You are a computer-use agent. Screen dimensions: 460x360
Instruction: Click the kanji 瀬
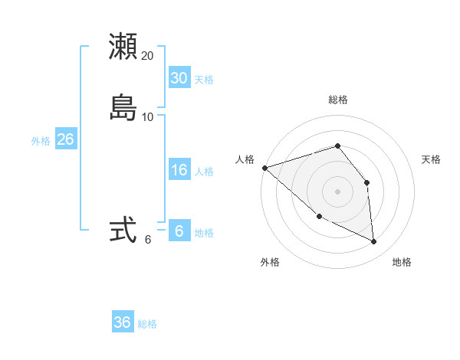(123, 47)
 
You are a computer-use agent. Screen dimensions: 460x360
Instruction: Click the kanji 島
(123, 108)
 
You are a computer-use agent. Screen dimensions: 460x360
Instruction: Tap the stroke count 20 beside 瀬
(148, 56)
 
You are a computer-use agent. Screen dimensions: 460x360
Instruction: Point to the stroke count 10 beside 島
(148, 117)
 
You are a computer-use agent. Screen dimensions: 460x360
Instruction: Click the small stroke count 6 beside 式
(148, 240)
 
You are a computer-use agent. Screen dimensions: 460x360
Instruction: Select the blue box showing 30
(179, 78)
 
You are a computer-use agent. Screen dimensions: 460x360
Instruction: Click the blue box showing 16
(179, 170)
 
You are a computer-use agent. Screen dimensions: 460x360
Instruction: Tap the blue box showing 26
(65, 139)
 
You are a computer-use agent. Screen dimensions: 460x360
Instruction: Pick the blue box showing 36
(123, 322)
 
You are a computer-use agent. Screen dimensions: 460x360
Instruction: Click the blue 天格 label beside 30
(204, 80)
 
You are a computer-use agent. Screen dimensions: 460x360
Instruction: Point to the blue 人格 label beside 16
(204, 172)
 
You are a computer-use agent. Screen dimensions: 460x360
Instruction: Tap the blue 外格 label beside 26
(41, 141)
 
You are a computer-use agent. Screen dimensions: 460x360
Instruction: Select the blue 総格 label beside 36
(147, 324)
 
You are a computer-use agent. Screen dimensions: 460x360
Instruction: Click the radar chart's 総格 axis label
(338, 100)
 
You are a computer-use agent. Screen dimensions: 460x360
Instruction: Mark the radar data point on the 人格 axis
(264, 168)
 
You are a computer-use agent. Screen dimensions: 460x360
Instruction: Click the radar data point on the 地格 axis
(374, 242)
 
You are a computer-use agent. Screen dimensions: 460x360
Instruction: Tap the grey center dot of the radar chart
(338, 191)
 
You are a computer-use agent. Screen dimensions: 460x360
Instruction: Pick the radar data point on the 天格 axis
(367, 182)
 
